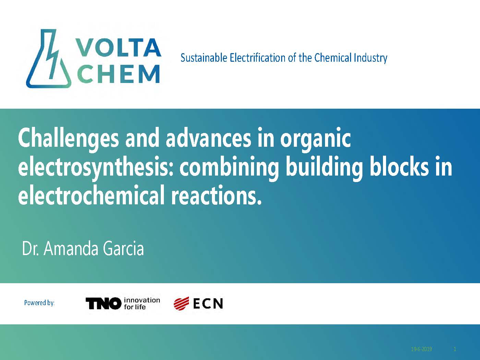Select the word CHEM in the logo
click(x=118, y=74)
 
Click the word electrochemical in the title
click(x=91, y=195)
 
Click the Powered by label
click(x=39, y=303)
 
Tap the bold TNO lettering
click(x=103, y=303)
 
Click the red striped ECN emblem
click(x=181, y=303)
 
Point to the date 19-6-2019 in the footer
click(x=421, y=349)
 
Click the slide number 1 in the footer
click(x=455, y=349)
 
